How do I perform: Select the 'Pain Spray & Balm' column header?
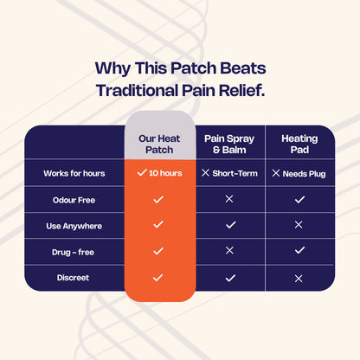[x=229, y=144]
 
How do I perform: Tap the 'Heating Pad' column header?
[x=299, y=144]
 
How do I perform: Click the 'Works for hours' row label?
[x=74, y=173]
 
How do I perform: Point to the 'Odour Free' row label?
[x=74, y=199]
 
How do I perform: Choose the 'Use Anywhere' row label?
[x=74, y=225]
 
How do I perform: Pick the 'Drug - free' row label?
[x=74, y=251]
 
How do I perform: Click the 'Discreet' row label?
[x=74, y=278]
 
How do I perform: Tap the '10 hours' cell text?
[x=164, y=173]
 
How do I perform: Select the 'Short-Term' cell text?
[x=235, y=173]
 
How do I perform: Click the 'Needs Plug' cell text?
[x=305, y=173]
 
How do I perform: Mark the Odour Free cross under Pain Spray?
[x=229, y=199]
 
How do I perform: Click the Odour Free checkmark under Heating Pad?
[x=299, y=199]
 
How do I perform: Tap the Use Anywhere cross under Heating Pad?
[x=299, y=225]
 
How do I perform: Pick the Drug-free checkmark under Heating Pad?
[x=299, y=251]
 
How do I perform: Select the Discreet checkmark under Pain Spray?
[x=229, y=278]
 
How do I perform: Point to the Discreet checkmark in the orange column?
[x=157, y=278]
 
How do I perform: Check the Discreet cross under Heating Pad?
[x=299, y=278]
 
